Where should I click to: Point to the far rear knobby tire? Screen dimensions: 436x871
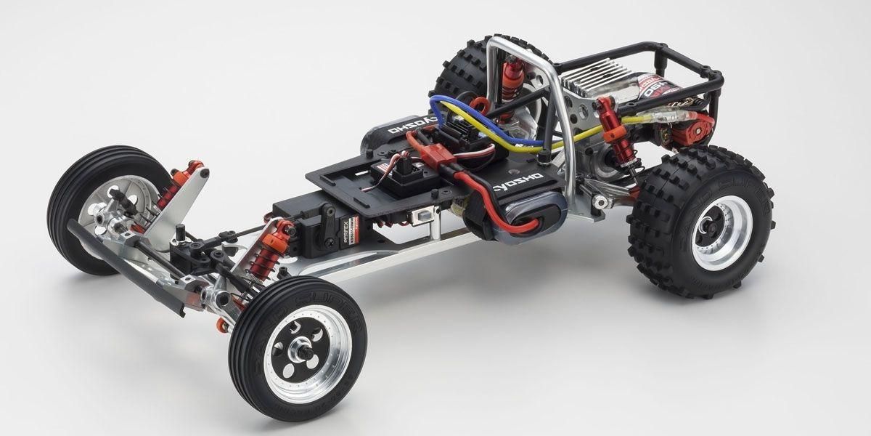coord(465,69)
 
